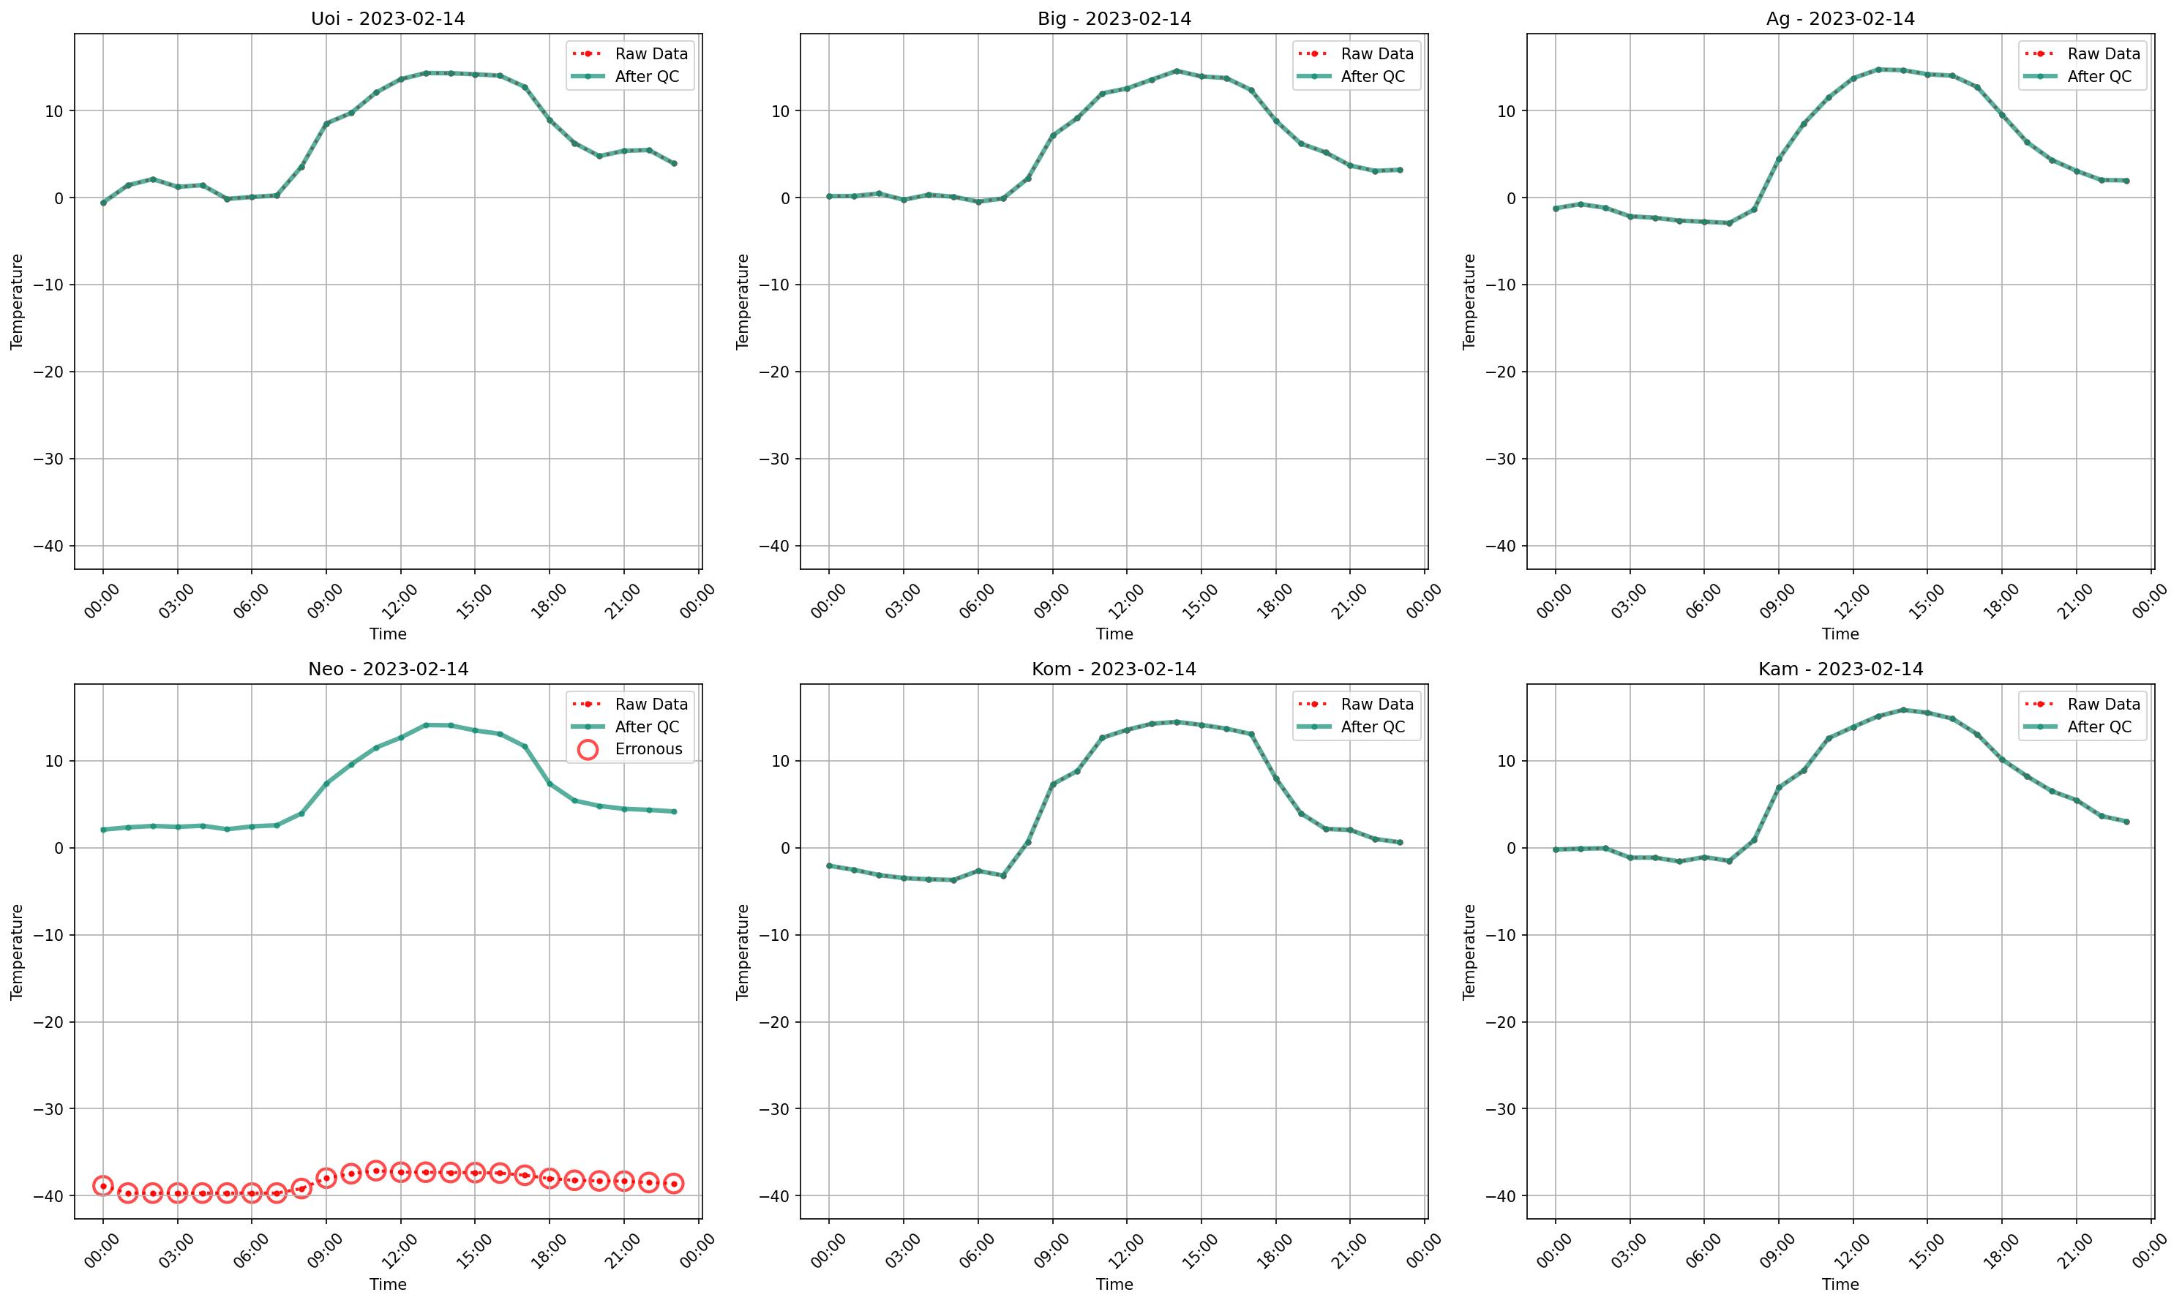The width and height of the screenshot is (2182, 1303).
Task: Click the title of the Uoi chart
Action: [x=387, y=18]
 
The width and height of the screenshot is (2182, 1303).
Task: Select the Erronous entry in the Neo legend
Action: [x=648, y=749]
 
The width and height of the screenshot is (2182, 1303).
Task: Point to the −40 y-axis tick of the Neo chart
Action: [x=48, y=1196]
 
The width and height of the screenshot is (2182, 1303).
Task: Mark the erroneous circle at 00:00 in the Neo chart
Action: [x=102, y=1186]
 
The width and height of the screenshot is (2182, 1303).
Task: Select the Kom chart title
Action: [x=1114, y=669]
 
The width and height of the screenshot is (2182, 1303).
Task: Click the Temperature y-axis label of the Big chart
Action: [x=743, y=301]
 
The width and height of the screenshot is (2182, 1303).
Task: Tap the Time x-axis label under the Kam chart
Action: [x=1840, y=1284]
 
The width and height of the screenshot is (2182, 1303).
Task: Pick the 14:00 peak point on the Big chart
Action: [x=1177, y=71]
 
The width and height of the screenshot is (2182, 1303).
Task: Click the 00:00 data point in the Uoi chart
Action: [x=102, y=203]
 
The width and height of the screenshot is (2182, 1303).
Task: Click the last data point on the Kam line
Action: [x=2126, y=822]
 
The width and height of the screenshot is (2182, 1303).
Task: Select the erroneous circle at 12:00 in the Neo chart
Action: [x=400, y=1172]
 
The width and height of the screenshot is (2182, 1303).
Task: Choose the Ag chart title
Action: [x=1840, y=18]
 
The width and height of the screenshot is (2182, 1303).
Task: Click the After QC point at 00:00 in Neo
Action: [x=102, y=830]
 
